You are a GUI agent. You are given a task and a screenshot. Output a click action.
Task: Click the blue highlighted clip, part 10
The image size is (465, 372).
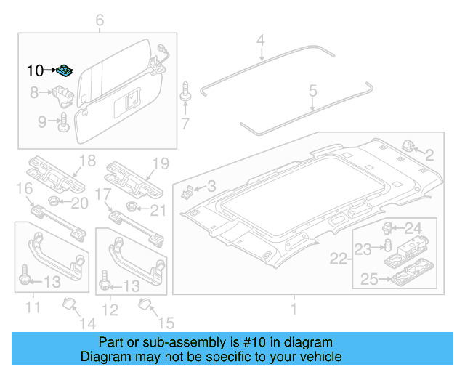[65, 70]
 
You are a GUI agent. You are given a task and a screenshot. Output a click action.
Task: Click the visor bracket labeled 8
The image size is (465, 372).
[62, 94]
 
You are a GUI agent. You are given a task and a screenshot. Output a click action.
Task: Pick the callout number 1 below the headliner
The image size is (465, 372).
[294, 310]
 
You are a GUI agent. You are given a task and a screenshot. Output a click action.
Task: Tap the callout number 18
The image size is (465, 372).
[87, 161]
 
